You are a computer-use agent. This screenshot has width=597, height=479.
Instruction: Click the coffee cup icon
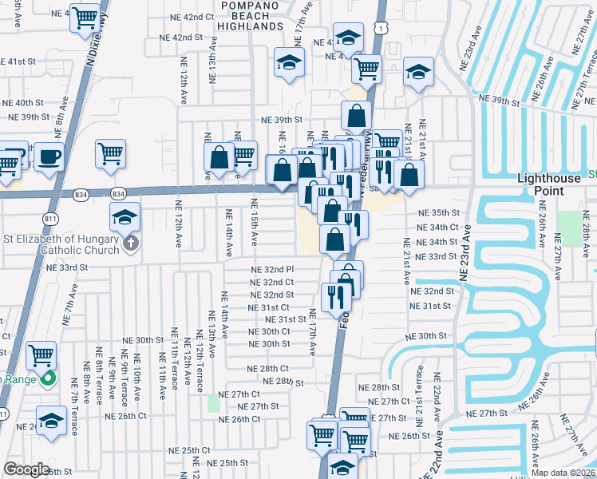(48, 156)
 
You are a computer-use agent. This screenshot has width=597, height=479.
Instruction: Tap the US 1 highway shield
(384, 27)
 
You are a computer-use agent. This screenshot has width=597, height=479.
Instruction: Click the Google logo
(26, 469)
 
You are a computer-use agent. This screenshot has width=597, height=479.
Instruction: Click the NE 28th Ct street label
(267, 368)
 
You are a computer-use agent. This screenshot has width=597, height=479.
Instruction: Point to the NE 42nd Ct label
(188, 17)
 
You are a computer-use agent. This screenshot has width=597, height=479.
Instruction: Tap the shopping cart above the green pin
(40, 353)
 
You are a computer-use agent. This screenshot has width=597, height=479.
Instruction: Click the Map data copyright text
(563, 473)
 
